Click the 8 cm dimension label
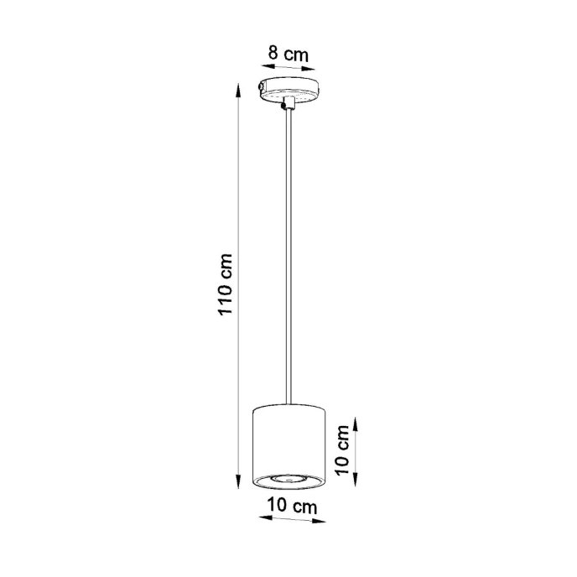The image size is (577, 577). tap(288, 54)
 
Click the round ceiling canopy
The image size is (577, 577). tap(289, 89)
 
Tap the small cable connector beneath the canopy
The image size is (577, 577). tap(289, 103)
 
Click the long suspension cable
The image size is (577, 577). tap(289, 252)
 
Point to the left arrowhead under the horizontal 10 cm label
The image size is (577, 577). tap(259, 518)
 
